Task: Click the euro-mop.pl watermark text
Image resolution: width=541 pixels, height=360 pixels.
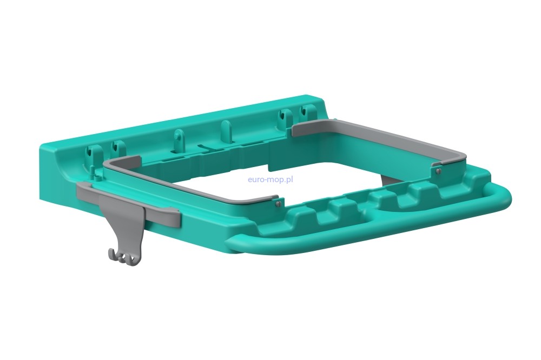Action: tap(270, 179)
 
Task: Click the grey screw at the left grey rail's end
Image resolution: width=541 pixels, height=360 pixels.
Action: tap(278, 204)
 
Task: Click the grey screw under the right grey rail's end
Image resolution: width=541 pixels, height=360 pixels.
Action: tap(438, 171)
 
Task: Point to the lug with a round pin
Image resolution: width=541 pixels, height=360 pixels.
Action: tap(179, 139)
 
